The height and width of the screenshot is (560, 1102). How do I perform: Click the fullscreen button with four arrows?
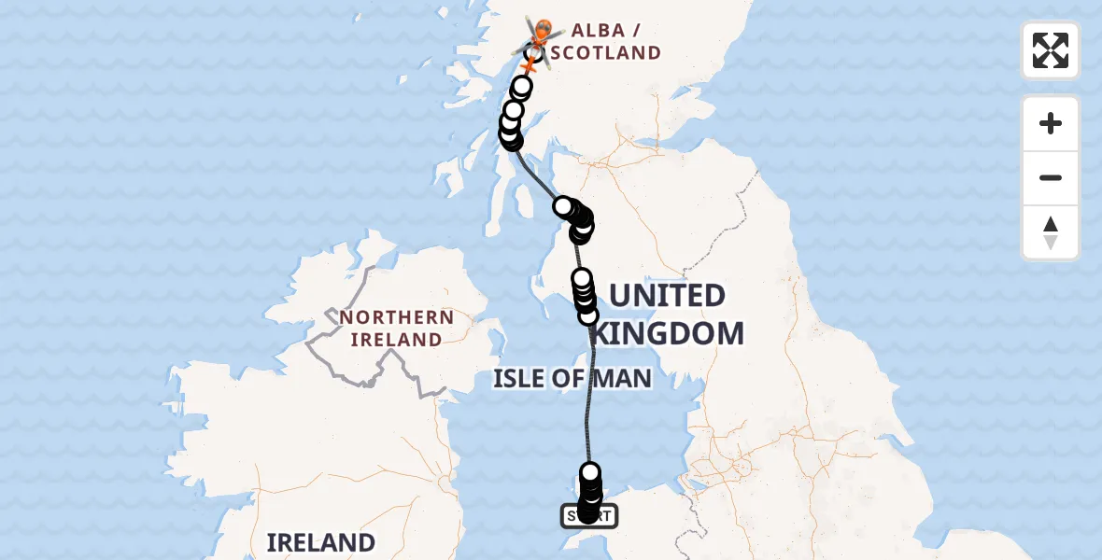pyautogui.click(x=1050, y=50)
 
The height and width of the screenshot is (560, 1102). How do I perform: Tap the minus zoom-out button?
pyautogui.click(x=1050, y=177)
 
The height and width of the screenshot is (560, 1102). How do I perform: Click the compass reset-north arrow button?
pyautogui.click(x=1050, y=232)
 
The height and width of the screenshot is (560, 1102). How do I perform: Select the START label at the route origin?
pyautogui.click(x=588, y=515)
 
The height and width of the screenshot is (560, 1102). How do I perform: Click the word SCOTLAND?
pyautogui.click(x=606, y=53)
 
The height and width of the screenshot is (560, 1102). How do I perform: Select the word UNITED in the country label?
pyautogui.click(x=667, y=296)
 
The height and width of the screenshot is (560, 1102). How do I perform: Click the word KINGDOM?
pyautogui.click(x=669, y=333)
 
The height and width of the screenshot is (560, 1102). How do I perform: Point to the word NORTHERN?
pyautogui.click(x=397, y=317)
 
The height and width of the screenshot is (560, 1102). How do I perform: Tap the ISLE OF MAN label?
pyautogui.click(x=572, y=379)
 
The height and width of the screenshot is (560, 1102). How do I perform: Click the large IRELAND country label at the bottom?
pyautogui.click(x=320, y=542)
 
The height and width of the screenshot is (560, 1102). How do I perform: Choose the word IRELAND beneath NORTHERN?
pyautogui.click(x=396, y=340)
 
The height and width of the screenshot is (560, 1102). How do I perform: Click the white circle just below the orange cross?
pyautogui.click(x=521, y=88)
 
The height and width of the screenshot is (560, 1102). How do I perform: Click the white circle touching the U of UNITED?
pyautogui.click(x=588, y=315)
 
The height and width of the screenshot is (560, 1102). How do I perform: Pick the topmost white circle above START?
pyautogui.click(x=590, y=472)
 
